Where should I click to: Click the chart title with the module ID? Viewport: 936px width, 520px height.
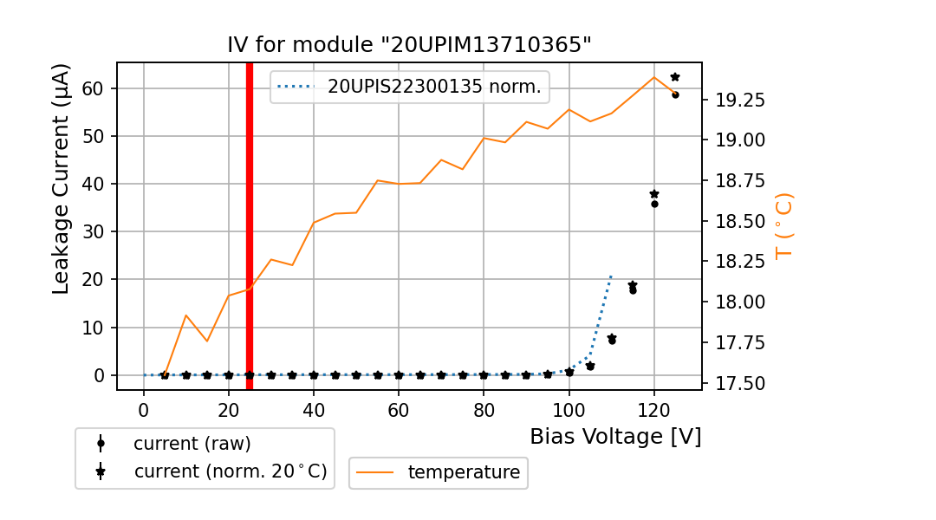[x=409, y=45]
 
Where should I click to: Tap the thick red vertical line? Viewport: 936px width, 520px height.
[x=250, y=225]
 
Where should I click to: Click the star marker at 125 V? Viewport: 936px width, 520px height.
[x=675, y=77]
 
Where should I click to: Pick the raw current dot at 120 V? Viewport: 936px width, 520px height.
[x=654, y=204]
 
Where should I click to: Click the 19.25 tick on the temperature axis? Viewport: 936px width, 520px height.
[x=739, y=100]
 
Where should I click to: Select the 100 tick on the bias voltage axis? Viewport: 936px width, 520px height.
[x=569, y=408]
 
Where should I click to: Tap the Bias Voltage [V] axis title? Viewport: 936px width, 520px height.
[x=615, y=436]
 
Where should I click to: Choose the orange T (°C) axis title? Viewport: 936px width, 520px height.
[x=783, y=225]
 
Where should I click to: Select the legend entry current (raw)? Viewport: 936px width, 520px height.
[x=192, y=444]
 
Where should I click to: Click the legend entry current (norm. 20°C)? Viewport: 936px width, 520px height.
[x=230, y=472]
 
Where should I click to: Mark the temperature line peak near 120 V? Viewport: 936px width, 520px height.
[x=654, y=77]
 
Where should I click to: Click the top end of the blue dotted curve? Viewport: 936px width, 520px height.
[x=611, y=276]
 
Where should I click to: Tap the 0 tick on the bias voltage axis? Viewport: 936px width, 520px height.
[x=144, y=408]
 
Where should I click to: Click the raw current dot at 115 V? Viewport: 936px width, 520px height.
[x=633, y=290]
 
